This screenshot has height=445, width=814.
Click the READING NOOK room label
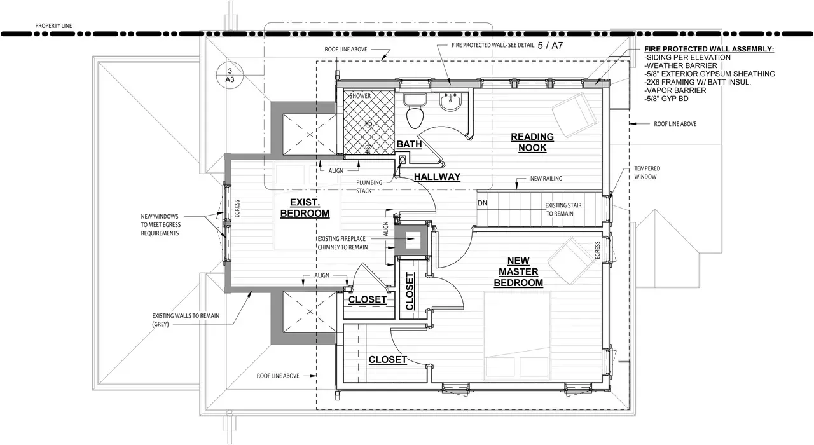(532, 142)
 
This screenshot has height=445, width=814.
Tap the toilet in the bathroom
(415, 111)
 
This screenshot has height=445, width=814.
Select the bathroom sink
(450, 101)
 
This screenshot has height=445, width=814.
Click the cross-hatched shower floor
(369, 122)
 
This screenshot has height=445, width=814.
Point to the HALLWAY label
(437, 177)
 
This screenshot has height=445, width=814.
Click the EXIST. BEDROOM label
(305, 208)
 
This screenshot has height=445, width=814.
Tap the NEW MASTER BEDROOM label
(518, 271)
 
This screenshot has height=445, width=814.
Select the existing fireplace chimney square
(413, 240)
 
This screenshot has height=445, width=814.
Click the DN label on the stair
(482, 203)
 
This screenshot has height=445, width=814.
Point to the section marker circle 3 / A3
(230, 75)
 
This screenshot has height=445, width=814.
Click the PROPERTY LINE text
(53, 26)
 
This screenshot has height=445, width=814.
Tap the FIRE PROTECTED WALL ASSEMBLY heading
(709, 49)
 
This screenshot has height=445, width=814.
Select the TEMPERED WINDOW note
(647, 172)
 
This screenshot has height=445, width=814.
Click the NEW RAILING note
(546, 179)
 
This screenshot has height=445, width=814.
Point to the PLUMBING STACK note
(369, 187)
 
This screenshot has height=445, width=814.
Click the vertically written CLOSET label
(410, 291)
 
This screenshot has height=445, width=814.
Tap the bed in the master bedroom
(518, 336)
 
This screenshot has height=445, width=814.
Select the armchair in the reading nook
(574, 113)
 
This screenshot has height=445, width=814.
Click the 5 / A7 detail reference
(550, 45)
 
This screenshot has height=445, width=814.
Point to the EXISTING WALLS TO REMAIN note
(186, 320)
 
